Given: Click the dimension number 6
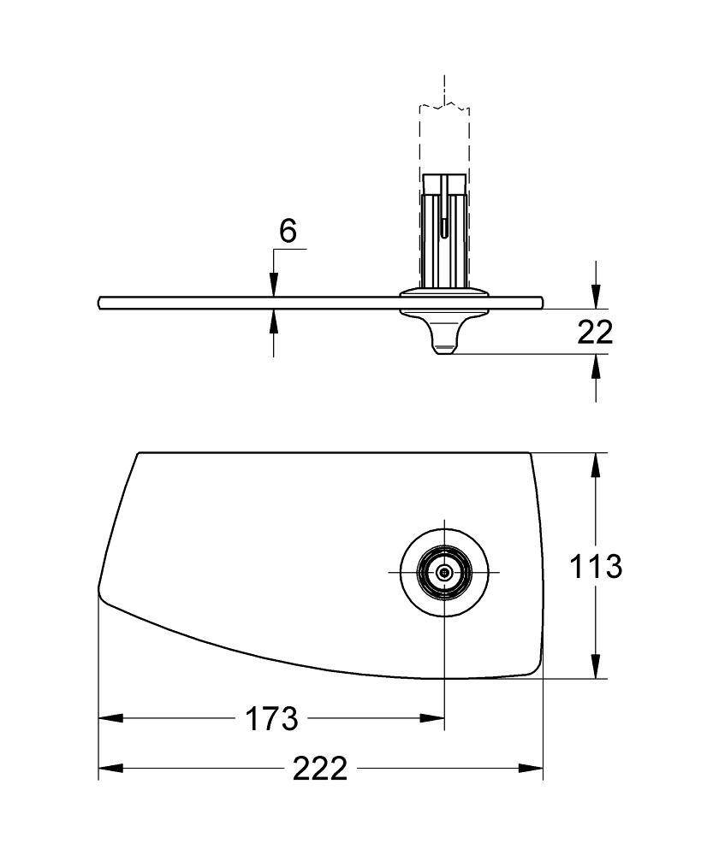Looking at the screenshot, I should pyautogui.click(x=288, y=231).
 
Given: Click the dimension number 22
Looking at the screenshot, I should pyautogui.click(x=595, y=332).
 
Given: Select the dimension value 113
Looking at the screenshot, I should pyautogui.click(x=597, y=566).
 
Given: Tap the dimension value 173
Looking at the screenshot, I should pyautogui.click(x=271, y=719).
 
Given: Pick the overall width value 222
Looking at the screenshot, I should pyautogui.click(x=320, y=769).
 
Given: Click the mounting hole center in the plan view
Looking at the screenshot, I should pyautogui.click(x=443, y=573).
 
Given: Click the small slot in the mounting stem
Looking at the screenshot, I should pyautogui.click(x=443, y=227).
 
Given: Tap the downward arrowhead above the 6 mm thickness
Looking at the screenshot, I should pyautogui.click(x=273, y=286).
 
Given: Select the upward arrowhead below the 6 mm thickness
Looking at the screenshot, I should pyautogui.click(x=273, y=318).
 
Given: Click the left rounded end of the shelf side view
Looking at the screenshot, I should pyautogui.click(x=101, y=302).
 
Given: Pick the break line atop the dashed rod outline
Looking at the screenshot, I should pyautogui.click(x=443, y=108).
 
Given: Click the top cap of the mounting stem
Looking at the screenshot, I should pyautogui.click(x=443, y=181).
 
